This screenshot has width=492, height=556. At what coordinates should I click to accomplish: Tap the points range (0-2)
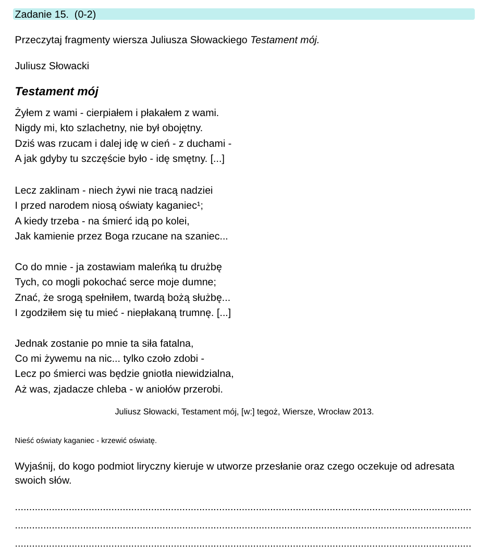(85, 15)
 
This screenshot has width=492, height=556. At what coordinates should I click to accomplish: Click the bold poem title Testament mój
(56, 92)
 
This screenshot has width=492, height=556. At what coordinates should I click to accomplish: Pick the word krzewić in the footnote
(121, 441)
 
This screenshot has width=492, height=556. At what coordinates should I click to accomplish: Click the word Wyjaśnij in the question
(33, 466)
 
